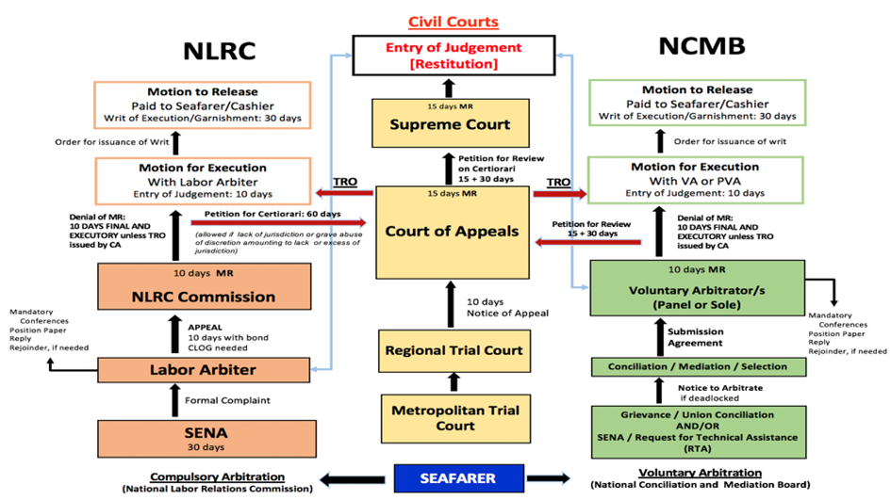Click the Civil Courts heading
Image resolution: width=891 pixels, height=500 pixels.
pos(453,22)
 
